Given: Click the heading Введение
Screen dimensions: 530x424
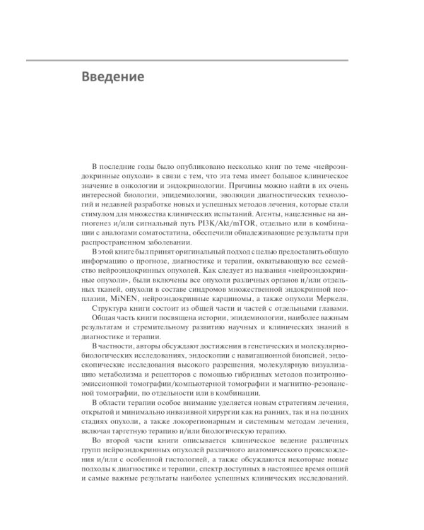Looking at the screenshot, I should coord(112,76).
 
